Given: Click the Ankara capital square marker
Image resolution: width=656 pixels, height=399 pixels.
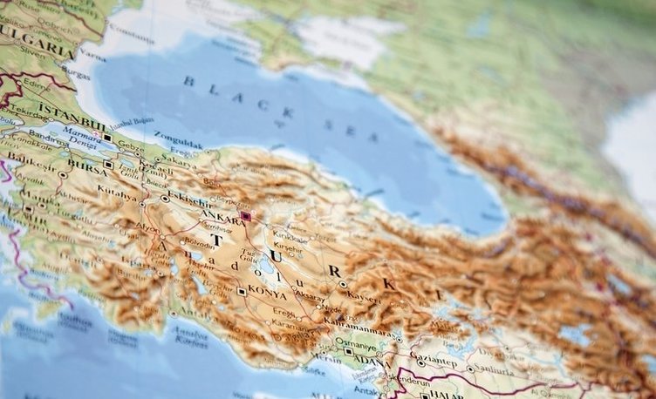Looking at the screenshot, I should [246, 216].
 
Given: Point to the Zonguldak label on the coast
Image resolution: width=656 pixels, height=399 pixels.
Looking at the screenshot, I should [179, 137].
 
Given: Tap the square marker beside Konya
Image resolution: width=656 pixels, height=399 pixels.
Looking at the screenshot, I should [242, 291].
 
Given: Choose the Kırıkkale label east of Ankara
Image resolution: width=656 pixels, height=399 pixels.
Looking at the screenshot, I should [290, 237].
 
